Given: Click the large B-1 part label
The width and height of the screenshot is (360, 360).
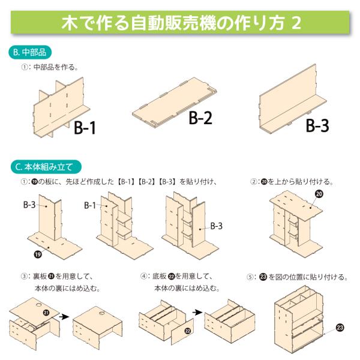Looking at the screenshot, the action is (85, 128).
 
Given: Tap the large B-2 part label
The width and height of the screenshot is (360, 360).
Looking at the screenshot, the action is (200, 118).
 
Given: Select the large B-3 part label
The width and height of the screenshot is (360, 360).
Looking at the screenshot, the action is (317, 125).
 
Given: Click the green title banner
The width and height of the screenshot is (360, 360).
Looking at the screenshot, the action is (180, 23).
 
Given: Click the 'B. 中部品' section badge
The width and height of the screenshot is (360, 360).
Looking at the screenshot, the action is (30, 52).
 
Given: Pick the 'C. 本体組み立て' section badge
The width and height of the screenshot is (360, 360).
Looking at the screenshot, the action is (46, 167).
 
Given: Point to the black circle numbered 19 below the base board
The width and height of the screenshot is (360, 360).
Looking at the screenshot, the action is (38, 254).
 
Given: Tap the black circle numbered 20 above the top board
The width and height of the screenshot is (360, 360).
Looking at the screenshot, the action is (319, 194).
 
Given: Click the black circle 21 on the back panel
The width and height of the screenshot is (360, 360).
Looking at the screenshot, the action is (46, 313).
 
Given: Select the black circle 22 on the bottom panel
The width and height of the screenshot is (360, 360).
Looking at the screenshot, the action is (188, 331).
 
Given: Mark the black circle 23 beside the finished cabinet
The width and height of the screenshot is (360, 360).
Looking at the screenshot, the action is (340, 328).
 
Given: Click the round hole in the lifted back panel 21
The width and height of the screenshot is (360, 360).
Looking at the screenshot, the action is (39, 305).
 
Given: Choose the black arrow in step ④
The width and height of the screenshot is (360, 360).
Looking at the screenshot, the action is (197, 312).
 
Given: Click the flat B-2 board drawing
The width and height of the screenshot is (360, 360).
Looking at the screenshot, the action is (175, 102).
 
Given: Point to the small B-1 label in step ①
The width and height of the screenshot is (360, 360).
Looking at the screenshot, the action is (90, 205).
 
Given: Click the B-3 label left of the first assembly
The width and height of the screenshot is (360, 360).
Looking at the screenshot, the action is (29, 205).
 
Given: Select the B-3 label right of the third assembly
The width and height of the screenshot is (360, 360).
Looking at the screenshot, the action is (216, 226).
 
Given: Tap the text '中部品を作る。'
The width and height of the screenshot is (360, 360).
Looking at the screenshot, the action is (56, 67).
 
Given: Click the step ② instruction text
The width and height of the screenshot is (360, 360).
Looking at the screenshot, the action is (292, 182).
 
